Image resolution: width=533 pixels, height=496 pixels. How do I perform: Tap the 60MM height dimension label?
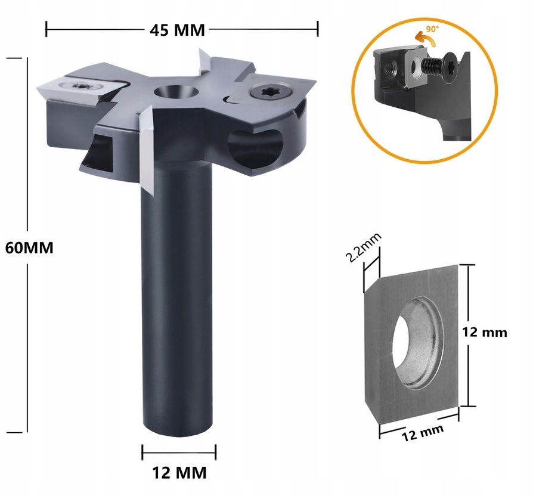(x=29, y=247)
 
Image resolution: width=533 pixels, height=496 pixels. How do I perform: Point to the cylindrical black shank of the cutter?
(x=178, y=298)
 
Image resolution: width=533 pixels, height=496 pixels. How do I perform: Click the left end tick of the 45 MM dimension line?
(x=47, y=29)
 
